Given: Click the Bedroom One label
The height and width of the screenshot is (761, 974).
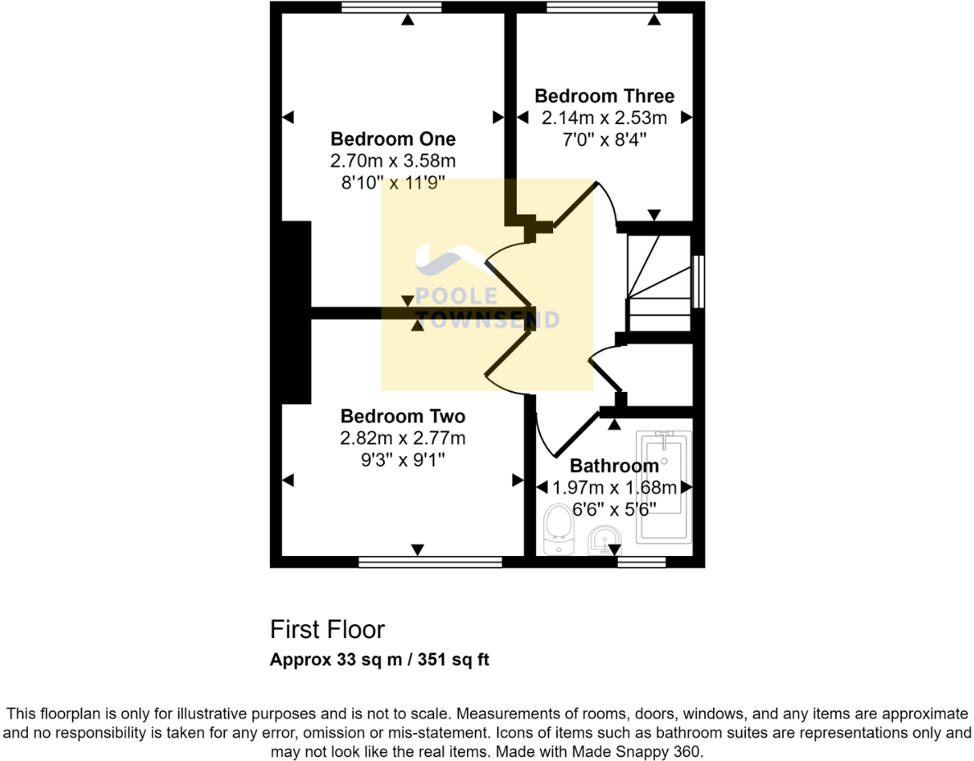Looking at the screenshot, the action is [x=392, y=139].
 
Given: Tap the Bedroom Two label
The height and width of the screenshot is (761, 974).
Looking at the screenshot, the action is [x=403, y=416].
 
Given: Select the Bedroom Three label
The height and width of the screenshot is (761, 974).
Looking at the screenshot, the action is [x=605, y=96].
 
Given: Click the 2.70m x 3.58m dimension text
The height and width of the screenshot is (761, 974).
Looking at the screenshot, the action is [x=392, y=161].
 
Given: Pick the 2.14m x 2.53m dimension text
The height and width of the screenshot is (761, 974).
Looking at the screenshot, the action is [x=605, y=118].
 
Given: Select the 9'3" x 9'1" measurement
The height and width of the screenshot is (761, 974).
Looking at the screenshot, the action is [x=403, y=460].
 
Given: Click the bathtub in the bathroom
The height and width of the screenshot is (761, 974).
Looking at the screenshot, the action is [x=663, y=487].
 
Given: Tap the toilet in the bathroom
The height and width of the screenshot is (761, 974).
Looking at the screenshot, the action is [x=559, y=529].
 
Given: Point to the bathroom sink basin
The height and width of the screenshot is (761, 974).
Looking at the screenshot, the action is [x=605, y=540].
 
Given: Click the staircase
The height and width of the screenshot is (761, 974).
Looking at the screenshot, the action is [x=658, y=282].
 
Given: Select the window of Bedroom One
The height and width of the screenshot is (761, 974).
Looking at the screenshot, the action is [x=391, y=7].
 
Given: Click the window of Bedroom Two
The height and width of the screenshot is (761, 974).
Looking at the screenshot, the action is [x=430, y=562].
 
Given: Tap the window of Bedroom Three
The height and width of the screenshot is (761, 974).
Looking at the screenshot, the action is [x=602, y=7].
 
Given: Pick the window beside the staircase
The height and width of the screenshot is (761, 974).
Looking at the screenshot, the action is [x=698, y=281].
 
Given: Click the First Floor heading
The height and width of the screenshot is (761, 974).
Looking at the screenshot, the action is [x=327, y=630].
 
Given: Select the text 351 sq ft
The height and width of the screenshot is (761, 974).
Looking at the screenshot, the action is [x=454, y=659].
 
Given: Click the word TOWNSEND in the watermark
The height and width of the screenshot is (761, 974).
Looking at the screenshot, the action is [x=487, y=319].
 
